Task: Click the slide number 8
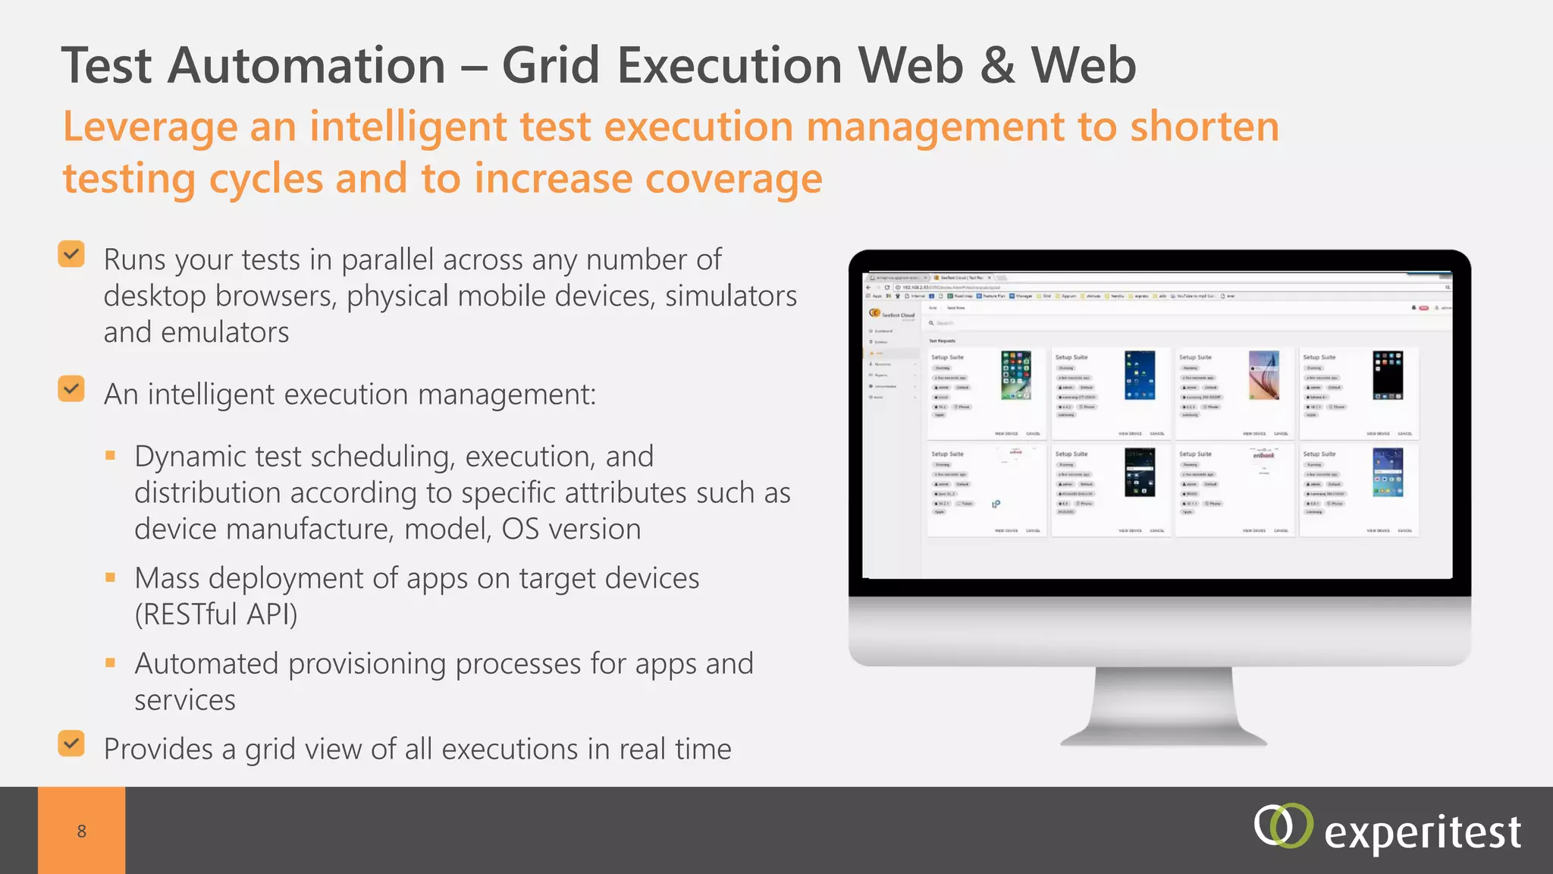(x=82, y=832)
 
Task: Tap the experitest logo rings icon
(x=1282, y=825)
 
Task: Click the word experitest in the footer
(x=1422, y=833)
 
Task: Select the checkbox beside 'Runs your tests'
(x=71, y=255)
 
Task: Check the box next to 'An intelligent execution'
(x=71, y=389)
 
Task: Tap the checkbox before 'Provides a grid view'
(x=71, y=744)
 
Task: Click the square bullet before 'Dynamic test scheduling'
(x=111, y=455)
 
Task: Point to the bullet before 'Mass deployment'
(x=111, y=577)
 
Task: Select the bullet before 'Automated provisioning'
(x=111, y=662)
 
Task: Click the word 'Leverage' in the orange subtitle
(x=150, y=127)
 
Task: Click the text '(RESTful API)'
(x=216, y=614)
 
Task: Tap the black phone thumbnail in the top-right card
(x=1388, y=375)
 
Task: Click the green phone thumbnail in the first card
(x=1015, y=375)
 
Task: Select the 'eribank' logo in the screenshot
(x=1263, y=455)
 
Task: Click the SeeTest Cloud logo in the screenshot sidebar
(x=892, y=313)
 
